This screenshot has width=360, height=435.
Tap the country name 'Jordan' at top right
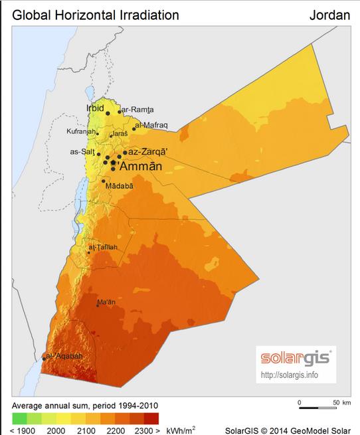tap(329, 14)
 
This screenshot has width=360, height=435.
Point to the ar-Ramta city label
tap(137, 110)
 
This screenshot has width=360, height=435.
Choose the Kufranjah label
tap(81, 131)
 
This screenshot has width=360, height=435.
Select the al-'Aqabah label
tap(65, 356)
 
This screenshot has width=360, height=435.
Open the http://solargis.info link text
tap(290, 375)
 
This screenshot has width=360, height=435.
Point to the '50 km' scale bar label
tap(341, 402)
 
